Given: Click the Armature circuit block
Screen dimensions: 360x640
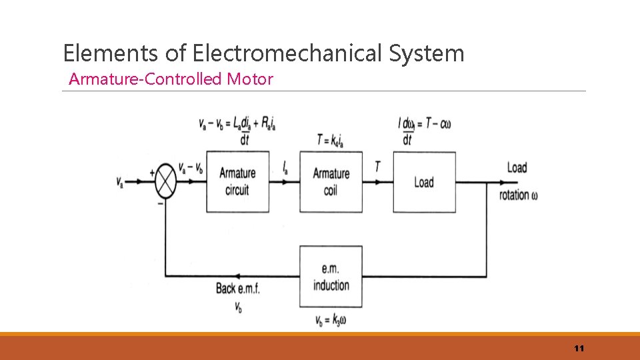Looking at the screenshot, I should tap(237, 181).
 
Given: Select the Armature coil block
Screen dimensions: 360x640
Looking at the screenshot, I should tap(331, 181).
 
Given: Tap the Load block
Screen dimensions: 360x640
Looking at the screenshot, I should tap(424, 181).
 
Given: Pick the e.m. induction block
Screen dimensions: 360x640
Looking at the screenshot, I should tap(331, 276).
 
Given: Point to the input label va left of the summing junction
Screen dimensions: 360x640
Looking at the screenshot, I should tap(120, 182).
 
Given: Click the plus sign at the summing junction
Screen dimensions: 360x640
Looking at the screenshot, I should tap(152, 172).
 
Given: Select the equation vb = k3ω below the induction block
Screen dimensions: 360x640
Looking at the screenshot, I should tap(331, 320).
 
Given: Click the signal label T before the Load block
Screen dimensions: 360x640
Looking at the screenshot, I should tap(377, 167).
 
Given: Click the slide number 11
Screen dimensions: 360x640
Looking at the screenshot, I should tap(579, 349).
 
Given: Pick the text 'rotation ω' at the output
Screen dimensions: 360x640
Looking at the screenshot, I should tap(519, 195).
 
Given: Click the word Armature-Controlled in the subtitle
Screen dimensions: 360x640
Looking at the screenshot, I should tap(146, 79).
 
